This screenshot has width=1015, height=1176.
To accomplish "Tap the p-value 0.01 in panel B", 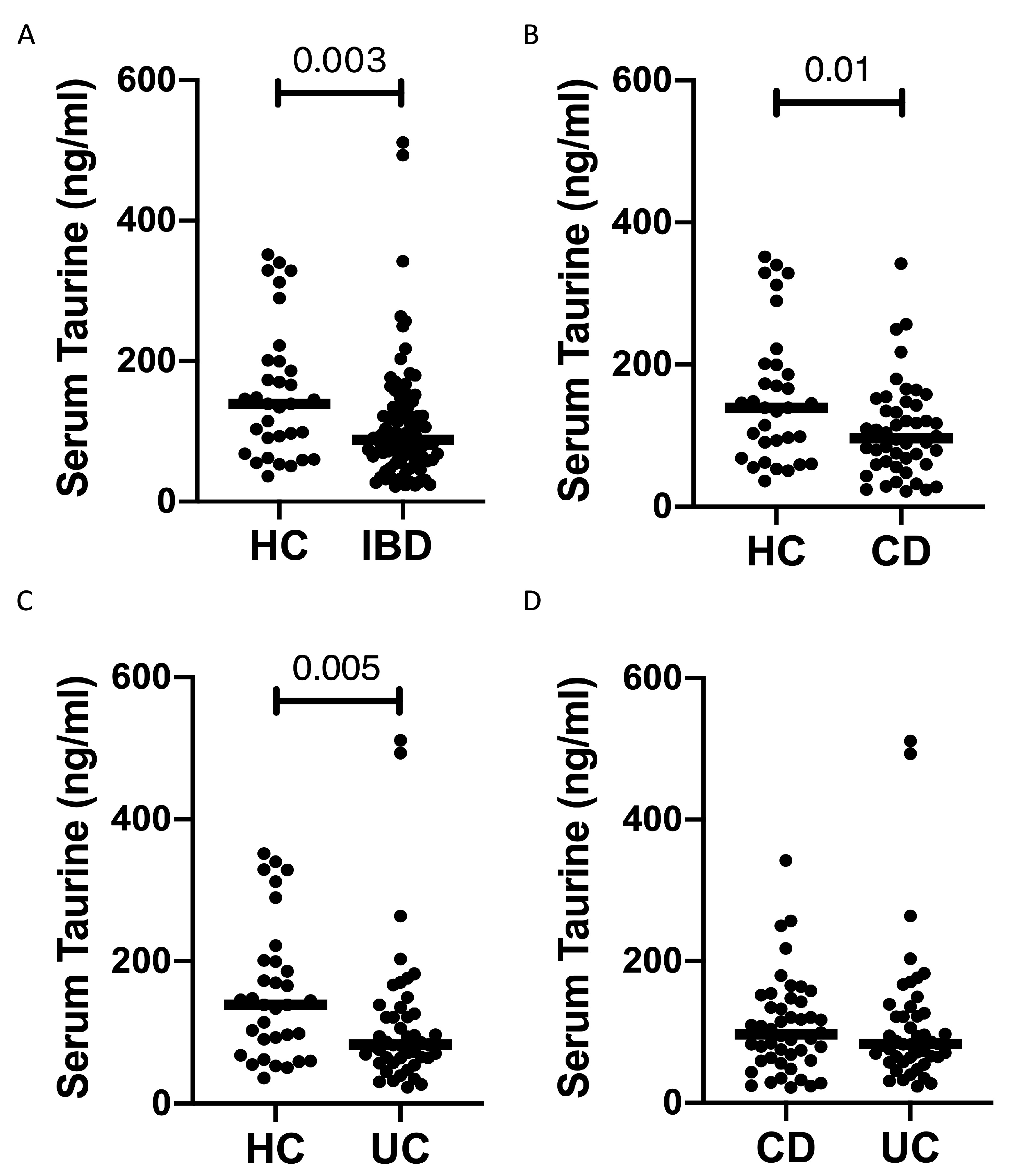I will pyautogui.click(x=837, y=71).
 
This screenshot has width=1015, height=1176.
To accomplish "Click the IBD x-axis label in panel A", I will pyautogui.click(x=397, y=547).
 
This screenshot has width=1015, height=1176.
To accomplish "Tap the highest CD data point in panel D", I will pyautogui.click(x=786, y=861).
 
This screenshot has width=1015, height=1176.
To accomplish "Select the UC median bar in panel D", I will pyautogui.click(x=910, y=1043).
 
